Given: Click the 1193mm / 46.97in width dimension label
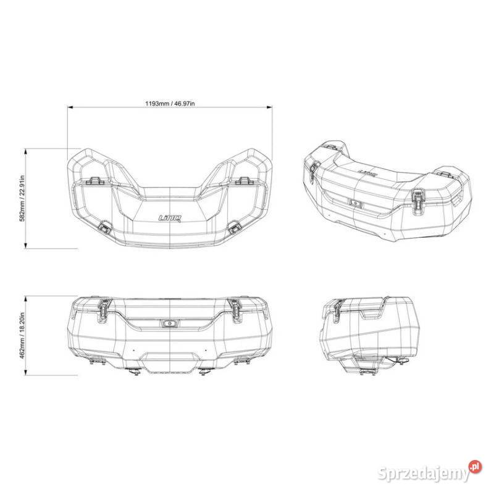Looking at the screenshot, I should (169, 103).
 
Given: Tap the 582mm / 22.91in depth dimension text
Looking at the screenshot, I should (23, 198).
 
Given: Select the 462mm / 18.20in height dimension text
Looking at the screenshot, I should (23, 336).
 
